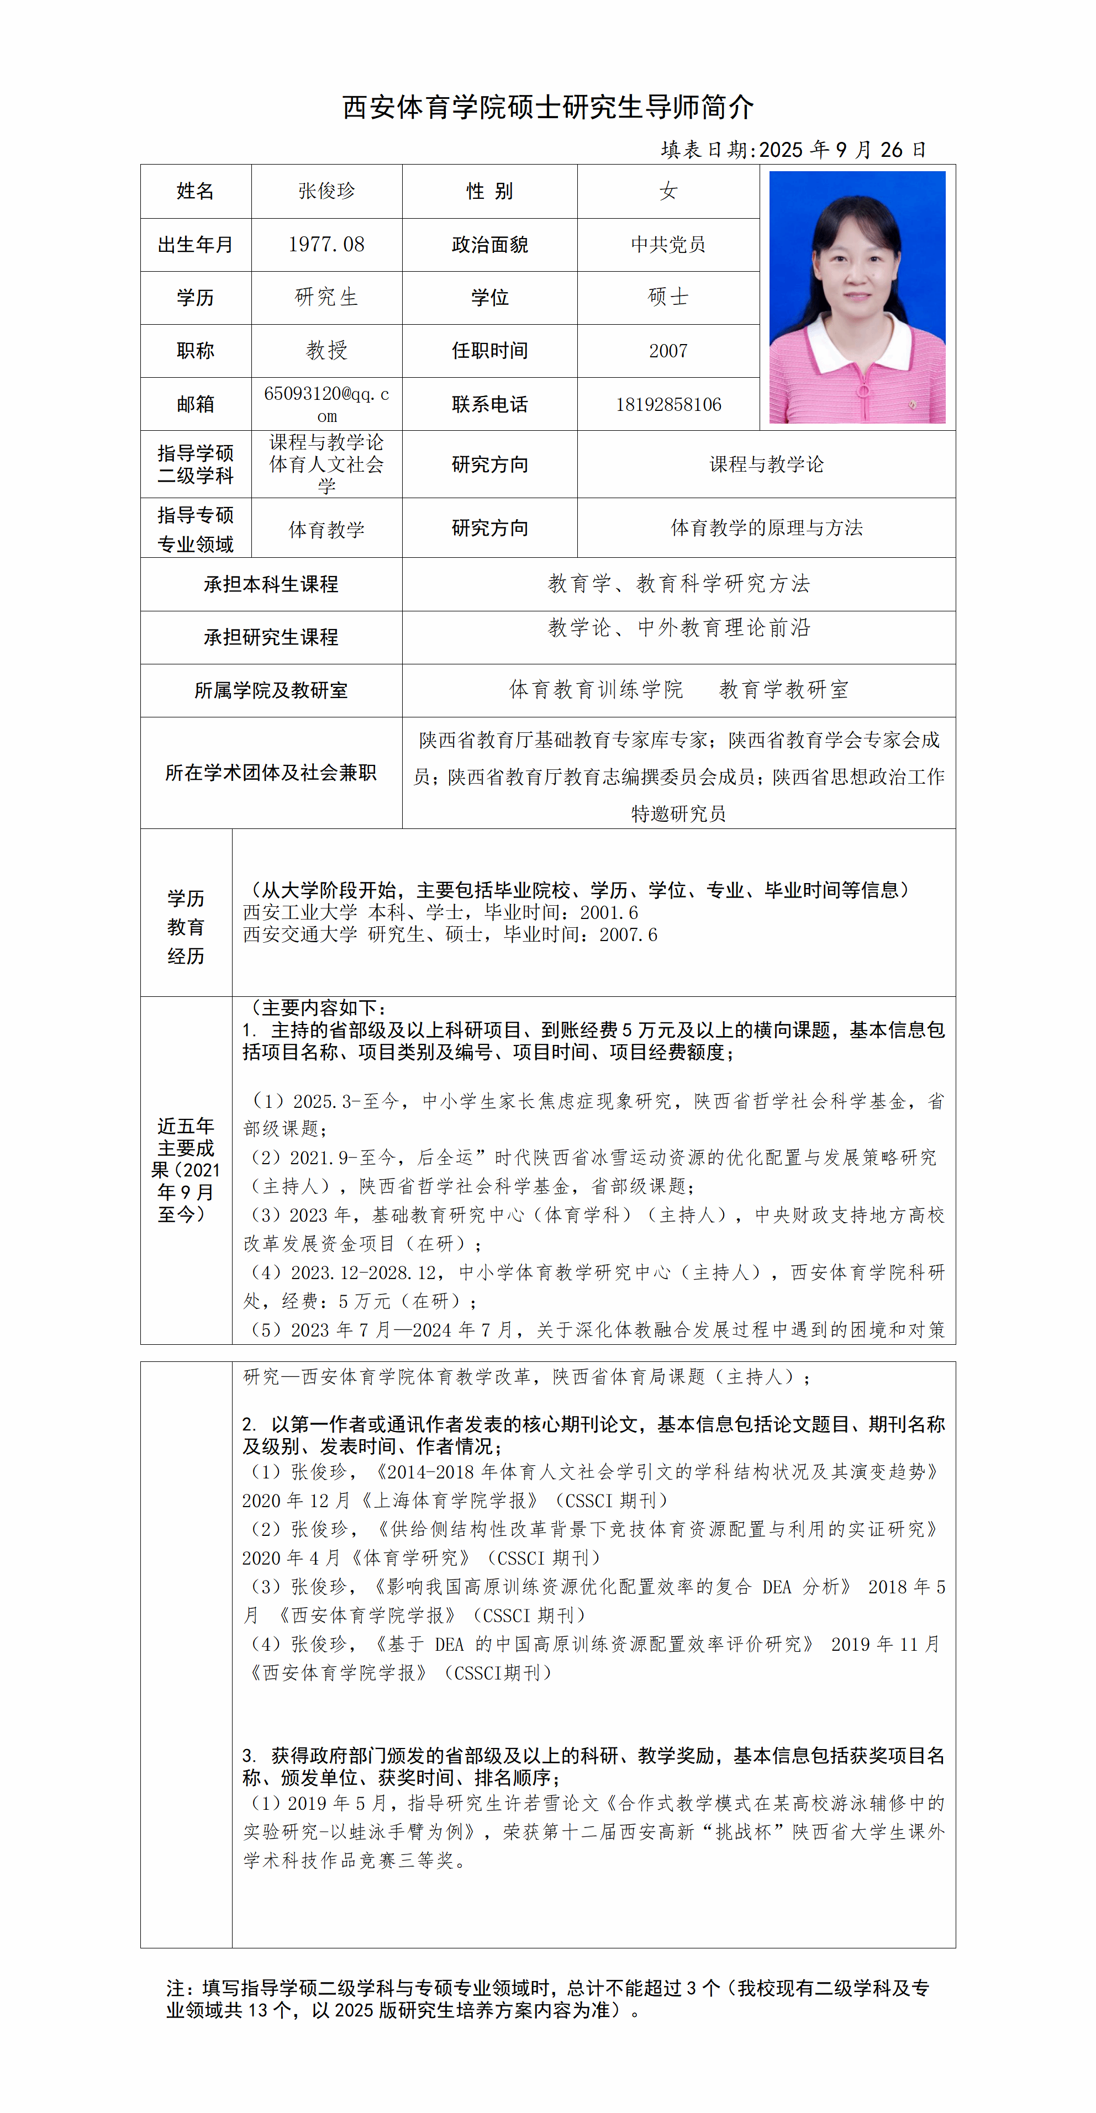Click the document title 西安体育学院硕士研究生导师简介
click(547, 107)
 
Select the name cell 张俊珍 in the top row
click(326, 191)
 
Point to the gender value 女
click(668, 191)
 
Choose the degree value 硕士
click(668, 297)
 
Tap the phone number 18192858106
click(668, 404)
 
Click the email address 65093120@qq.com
click(326, 404)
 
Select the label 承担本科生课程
click(271, 584)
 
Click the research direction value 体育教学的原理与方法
click(766, 528)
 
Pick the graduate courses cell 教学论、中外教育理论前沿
click(678, 628)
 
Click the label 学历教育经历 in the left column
click(186, 927)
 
